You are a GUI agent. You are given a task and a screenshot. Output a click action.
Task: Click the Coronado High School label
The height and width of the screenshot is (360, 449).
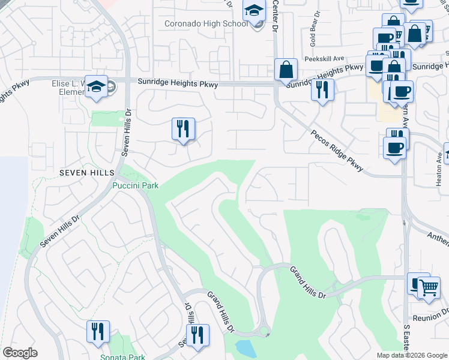(x=205, y=24)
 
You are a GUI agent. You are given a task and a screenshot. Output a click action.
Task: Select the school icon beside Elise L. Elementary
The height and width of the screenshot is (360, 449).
(x=96, y=87)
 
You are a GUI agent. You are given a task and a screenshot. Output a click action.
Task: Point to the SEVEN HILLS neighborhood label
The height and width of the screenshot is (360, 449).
(x=86, y=173)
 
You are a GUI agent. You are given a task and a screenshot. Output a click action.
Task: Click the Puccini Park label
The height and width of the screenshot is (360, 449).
(x=135, y=186)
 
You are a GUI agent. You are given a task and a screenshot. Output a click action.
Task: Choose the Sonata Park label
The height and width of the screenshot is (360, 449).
(x=122, y=357)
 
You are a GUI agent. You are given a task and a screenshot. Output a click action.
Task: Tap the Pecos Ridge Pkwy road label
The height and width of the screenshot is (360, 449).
(x=337, y=151)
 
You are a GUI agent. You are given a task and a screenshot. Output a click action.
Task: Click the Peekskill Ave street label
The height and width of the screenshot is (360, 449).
(x=324, y=59)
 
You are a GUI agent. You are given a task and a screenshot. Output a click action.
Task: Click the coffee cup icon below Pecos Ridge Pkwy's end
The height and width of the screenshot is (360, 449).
(x=394, y=148)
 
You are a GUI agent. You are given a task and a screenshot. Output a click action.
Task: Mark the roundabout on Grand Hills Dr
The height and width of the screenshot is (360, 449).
(x=262, y=332)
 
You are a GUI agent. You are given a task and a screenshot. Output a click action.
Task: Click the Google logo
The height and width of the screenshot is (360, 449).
(x=20, y=353)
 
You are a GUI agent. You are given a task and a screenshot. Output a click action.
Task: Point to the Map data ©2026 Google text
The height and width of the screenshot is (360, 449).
(x=412, y=355)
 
